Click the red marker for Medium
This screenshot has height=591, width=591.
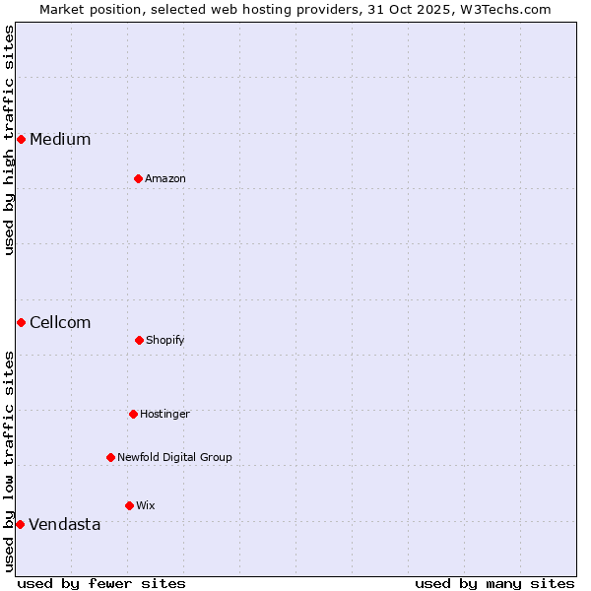tap(21, 139)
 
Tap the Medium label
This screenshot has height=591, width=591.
tap(60, 140)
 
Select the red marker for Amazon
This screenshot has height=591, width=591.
tap(138, 178)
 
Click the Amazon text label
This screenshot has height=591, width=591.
tap(165, 179)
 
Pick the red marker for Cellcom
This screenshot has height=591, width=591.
tap(21, 322)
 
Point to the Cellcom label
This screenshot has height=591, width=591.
tap(60, 323)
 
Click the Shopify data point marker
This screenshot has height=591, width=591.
tap(139, 340)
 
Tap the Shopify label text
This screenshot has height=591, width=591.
tap(165, 341)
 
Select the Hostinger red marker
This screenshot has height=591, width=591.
tap(133, 414)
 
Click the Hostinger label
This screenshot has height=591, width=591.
tap(164, 415)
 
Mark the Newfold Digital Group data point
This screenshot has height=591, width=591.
tap(110, 457)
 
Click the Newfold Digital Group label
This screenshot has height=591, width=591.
tap(174, 458)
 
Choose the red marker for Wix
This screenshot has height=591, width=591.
tap(129, 505)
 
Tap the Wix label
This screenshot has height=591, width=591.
tap(146, 506)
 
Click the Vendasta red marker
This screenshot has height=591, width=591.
tap(20, 524)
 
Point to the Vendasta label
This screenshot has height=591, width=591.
tap(65, 525)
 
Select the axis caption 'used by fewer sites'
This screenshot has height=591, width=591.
tap(101, 583)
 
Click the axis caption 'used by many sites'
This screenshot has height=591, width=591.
tap(494, 583)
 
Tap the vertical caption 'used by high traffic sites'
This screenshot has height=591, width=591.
tap(9, 140)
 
